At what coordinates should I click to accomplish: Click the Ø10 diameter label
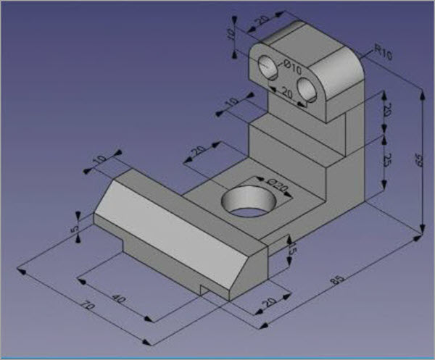click(x=292, y=66)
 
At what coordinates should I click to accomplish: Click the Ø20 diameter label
click(x=278, y=188)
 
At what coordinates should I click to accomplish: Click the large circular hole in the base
click(x=247, y=203)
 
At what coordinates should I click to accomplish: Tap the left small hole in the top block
click(x=266, y=67)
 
